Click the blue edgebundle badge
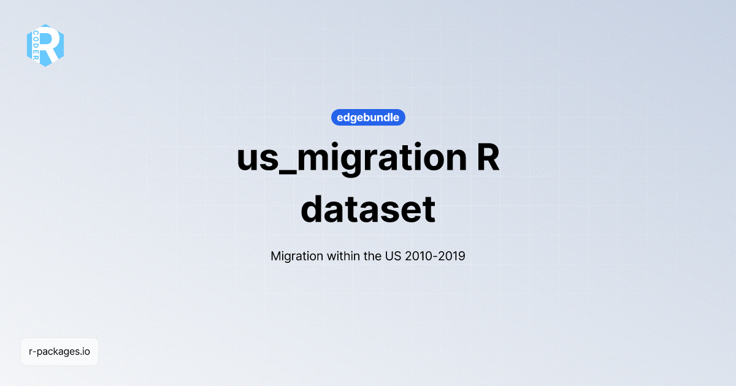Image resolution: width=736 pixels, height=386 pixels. click(368, 117)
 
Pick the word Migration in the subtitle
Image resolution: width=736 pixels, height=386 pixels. click(296, 256)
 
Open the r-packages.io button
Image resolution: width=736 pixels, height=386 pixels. click(59, 352)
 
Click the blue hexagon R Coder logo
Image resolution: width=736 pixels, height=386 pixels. click(45, 45)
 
